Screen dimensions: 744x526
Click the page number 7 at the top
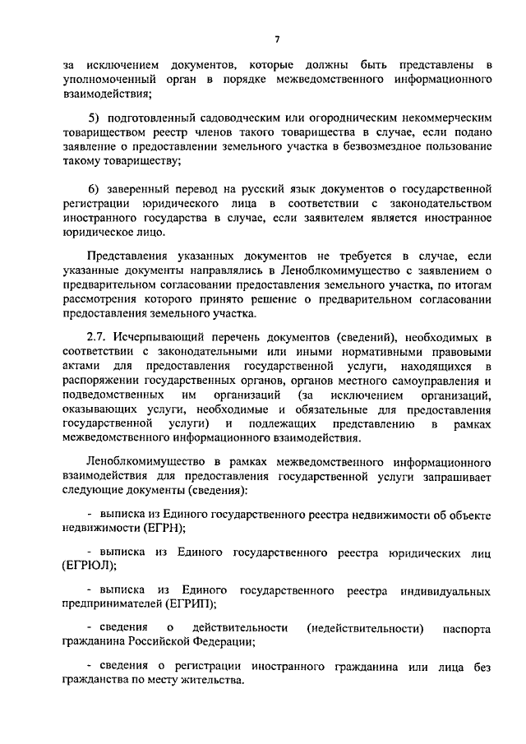pos(277,39)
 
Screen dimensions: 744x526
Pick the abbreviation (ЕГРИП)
pos(190,604)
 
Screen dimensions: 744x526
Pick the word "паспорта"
pos(467,628)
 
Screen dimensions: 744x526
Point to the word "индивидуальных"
pos(450,590)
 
